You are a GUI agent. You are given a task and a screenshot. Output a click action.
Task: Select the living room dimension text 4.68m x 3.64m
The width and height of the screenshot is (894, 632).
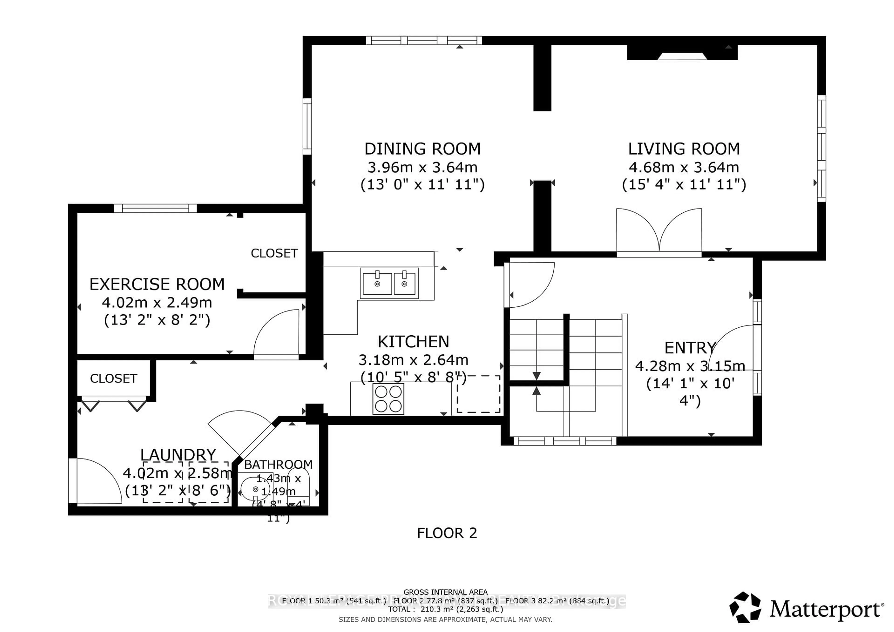point(684,167)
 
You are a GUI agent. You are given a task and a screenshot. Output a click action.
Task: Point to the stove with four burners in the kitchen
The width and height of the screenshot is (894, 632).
point(388,399)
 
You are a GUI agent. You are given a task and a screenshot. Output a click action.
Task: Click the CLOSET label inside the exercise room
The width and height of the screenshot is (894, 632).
point(274,253)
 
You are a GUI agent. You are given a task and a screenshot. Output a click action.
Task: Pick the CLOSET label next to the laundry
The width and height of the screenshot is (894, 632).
point(113,379)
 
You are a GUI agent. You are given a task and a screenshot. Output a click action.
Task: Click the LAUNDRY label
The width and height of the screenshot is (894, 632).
point(178,454)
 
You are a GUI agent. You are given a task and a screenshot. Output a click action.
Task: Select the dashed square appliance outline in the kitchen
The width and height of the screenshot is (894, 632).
point(478,394)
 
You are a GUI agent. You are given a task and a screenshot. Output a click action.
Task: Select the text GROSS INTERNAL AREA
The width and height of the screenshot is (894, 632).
point(445,592)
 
